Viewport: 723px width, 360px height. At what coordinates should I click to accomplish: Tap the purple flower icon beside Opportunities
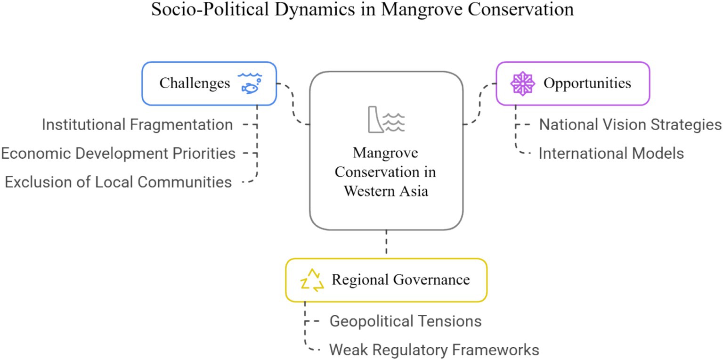(x=523, y=83)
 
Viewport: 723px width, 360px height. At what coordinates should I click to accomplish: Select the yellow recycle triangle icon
(x=312, y=280)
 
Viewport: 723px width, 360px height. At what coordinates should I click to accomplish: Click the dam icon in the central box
(x=386, y=119)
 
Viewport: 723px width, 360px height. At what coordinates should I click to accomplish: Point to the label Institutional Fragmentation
(x=137, y=124)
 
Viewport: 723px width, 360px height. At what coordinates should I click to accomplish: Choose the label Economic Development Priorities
(x=118, y=153)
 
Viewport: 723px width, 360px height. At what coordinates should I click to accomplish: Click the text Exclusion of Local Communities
(x=118, y=182)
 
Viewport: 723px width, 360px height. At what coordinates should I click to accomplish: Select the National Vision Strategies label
(x=630, y=124)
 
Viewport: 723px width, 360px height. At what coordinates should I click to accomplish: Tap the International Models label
(x=611, y=153)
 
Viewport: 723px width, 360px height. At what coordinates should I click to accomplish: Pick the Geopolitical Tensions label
(x=405, y=321)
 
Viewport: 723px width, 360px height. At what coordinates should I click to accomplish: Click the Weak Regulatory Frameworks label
(x=434, y=350)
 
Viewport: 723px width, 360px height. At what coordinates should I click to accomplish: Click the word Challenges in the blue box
(x=195, y=83)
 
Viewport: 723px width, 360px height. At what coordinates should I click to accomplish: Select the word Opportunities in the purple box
(x=587, y=83)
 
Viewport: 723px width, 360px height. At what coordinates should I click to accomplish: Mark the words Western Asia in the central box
(x=386, y=191)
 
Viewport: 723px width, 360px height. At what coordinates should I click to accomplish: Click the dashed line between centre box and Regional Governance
(x=386, y=244)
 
